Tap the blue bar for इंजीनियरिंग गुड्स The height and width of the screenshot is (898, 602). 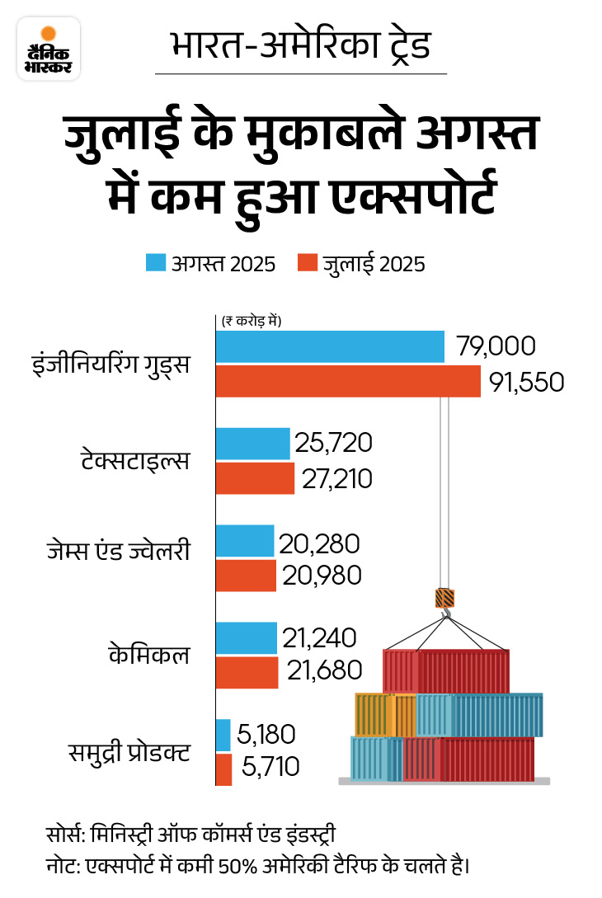pos(330,346)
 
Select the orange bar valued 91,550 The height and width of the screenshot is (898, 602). pos(347,382)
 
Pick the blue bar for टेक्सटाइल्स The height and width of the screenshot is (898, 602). pos(253,444)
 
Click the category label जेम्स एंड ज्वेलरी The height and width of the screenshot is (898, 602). pos(129,550)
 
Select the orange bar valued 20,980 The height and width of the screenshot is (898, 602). pos(246,576)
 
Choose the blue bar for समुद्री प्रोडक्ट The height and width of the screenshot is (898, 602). pos(223,735)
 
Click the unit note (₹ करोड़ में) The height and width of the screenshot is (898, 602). pos(251,322)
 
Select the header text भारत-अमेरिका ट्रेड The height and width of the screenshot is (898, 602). pos(300,46)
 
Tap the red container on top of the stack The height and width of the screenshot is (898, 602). pos(446,670)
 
